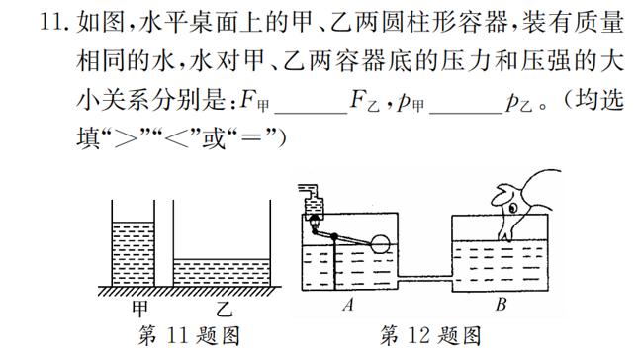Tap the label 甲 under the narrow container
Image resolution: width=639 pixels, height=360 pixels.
coord(140,307)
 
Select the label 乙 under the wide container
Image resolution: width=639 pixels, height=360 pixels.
coord(223,307)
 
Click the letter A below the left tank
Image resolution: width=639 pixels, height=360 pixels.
coord(347,306)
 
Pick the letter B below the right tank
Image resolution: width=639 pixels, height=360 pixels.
coord(501,306)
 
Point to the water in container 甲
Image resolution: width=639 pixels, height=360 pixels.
coord(133,252)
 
